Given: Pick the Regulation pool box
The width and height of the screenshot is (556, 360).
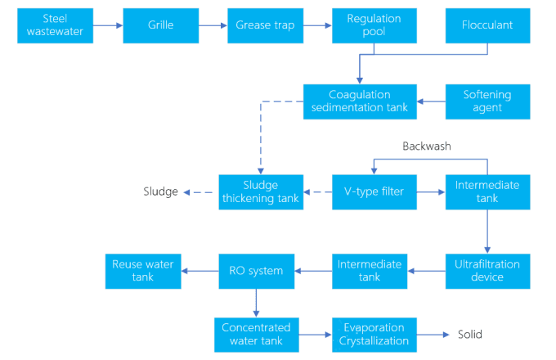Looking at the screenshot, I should (x=374, y=25).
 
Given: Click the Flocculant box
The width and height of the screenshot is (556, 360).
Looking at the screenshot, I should (x=488, y=25).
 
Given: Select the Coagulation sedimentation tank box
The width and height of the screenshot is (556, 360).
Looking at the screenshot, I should (x=361, y=101).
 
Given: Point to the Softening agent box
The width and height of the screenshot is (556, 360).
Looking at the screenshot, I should (x=488, y=101).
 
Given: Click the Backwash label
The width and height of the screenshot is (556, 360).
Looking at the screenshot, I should (x=426, y=146).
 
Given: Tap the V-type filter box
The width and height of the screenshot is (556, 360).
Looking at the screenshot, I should (x=374, y=192).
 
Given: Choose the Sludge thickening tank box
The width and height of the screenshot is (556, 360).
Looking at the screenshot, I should (x=260, y=192).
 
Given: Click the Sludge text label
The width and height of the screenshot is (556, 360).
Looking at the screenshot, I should (x=160, y=191).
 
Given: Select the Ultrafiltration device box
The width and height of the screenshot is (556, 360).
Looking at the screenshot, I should (x=488, y=271).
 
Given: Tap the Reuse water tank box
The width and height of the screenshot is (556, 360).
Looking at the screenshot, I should (x=143, y=271).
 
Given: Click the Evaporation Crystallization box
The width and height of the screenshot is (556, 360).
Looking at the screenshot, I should (x=374, y=335).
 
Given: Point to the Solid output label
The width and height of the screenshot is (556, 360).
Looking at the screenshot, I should (x=469, y=335).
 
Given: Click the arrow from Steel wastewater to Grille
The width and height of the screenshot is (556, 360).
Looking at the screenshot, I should (x=107, y=25).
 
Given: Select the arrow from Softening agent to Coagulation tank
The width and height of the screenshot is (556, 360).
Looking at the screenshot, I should (x=431, y=101).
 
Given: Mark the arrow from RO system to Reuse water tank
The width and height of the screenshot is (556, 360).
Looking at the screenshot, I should (x=200, y=271).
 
